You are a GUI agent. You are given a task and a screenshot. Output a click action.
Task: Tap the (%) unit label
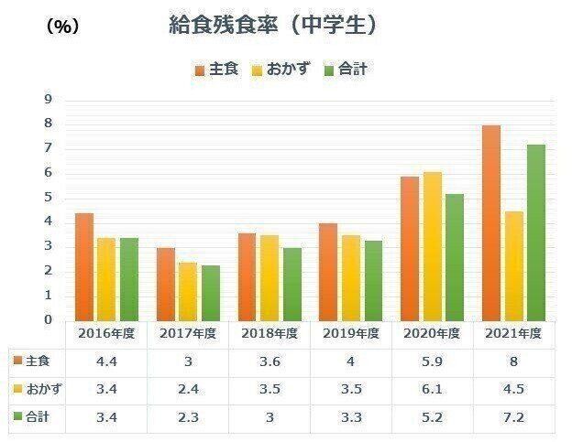click(61, 27)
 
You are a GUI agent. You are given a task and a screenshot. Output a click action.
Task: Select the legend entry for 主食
click(216, 70)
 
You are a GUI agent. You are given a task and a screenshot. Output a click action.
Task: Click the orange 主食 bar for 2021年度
click(490, 223)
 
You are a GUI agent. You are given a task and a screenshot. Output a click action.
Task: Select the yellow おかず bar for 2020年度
click(432, 246)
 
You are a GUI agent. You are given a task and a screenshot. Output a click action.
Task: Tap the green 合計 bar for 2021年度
click(535, 232)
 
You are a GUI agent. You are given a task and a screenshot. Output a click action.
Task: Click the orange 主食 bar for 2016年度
click(84, 266)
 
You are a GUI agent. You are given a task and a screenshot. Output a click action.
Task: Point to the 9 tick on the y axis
click(49, 99)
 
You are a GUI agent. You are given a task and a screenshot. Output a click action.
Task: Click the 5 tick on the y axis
click(49, 198)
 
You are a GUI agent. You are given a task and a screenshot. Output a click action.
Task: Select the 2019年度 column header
click(349, 333)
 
